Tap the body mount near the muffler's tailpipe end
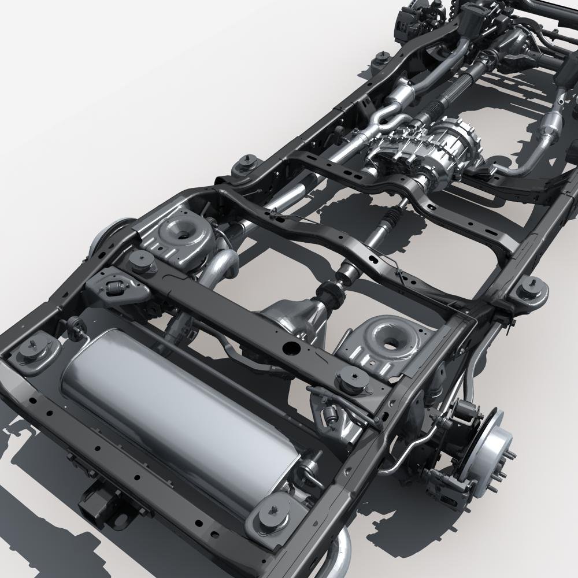(269, 517)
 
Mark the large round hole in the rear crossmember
(290, 349)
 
